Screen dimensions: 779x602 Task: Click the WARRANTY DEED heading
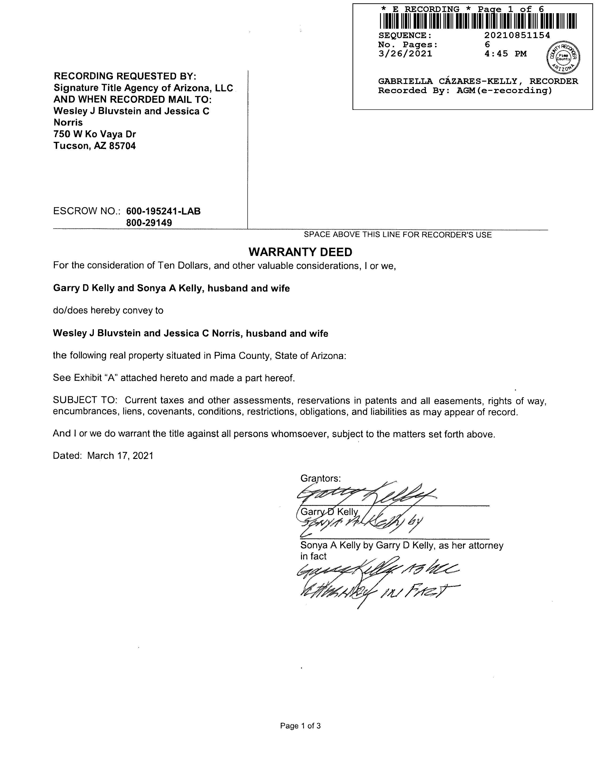pos(300,252)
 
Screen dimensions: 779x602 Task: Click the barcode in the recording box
pos(478,21)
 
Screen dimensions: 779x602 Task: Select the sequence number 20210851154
pos(517,35)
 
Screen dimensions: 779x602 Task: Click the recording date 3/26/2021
pos(405,54)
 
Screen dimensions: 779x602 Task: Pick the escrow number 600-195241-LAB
pos(163,211)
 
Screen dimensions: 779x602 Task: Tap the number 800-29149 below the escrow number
pos(149,223)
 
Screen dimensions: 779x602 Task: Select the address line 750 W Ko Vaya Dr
pos(95,134)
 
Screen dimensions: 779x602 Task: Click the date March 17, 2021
pos(120,456)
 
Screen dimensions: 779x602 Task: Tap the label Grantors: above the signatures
pos(321,478)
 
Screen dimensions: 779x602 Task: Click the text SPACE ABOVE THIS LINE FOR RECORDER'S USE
pos(398,235)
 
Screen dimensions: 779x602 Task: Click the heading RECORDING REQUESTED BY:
pos(125,76)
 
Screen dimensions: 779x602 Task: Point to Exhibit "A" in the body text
pos(96,378)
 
